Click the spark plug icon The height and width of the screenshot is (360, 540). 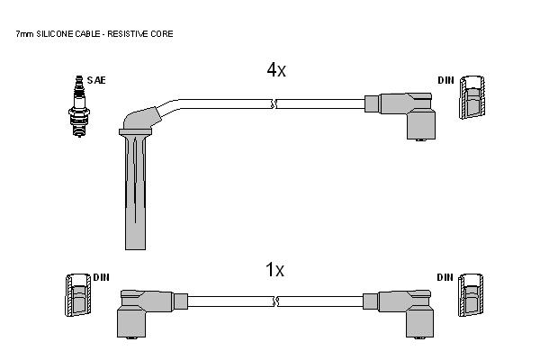coord(79,106)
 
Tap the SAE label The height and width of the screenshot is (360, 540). coord(96,80)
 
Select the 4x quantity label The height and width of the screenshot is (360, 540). coord(276,70)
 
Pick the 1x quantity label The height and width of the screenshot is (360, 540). coord(274,270)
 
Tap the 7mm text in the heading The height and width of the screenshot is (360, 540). coord(24,34)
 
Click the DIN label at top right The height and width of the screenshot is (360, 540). coord(446,80)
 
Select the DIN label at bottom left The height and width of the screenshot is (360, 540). coord(101,277)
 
